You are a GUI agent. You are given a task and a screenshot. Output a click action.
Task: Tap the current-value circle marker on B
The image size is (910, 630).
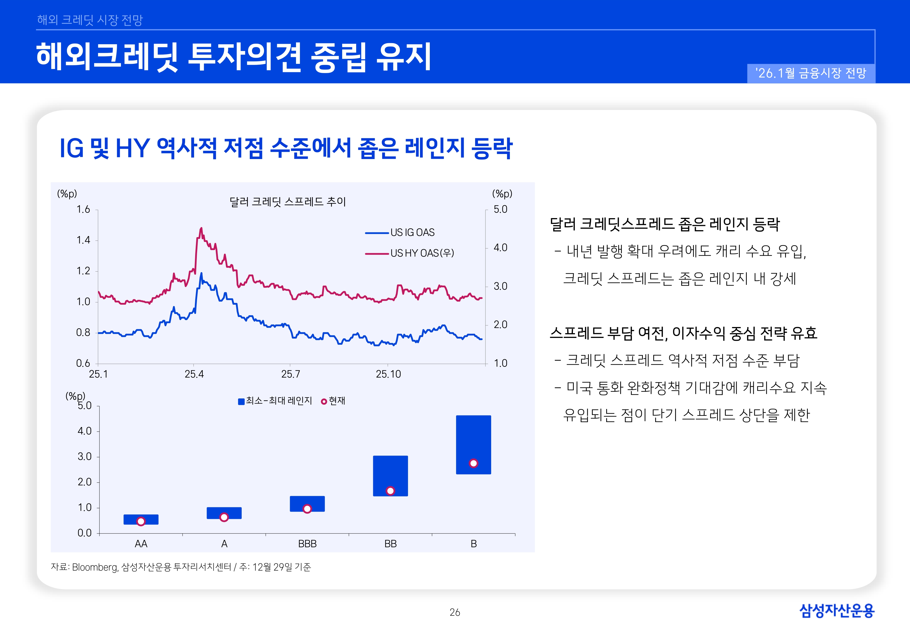click(x=473, y=463)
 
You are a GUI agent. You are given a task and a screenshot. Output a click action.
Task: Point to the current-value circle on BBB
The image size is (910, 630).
click(x=307, y=509)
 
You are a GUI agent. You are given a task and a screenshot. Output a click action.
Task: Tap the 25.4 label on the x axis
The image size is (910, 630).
click(x=194, y=374)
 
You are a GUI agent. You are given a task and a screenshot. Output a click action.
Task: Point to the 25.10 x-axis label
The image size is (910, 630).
click(x=388, y=374)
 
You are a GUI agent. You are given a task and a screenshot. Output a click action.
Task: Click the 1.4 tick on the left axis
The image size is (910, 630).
click(x=83, y=240)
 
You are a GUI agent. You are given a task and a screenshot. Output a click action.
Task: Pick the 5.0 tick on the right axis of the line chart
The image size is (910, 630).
click(x=500, y=209)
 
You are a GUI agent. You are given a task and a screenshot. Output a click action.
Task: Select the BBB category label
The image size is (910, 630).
click(x=307, y=544)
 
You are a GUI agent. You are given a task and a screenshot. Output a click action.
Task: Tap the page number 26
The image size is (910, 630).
click(x=455, y=612)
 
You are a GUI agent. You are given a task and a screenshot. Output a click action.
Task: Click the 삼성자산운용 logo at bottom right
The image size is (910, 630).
click(x=837, y=611)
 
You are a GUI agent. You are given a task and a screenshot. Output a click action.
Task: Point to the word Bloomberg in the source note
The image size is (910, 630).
click(x=95, y=567)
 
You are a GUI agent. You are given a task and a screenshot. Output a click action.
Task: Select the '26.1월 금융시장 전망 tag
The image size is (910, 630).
click(x=811, y=73)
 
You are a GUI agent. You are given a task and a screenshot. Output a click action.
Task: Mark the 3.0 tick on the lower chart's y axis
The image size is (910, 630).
click(x=85, y=457)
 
